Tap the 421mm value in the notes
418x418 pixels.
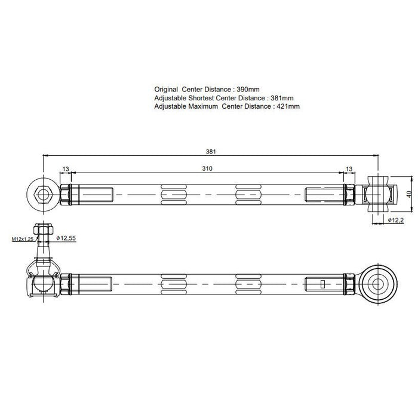(288, 106)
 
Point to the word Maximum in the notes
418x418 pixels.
(204, 106)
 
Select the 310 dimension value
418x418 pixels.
(207, 169)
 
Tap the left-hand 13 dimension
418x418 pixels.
(65, 169)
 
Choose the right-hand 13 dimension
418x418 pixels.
(349, 169)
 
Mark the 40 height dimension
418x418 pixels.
(410, 194)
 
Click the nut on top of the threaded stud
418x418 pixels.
(43, 229)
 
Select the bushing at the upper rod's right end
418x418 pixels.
(377, 193)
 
